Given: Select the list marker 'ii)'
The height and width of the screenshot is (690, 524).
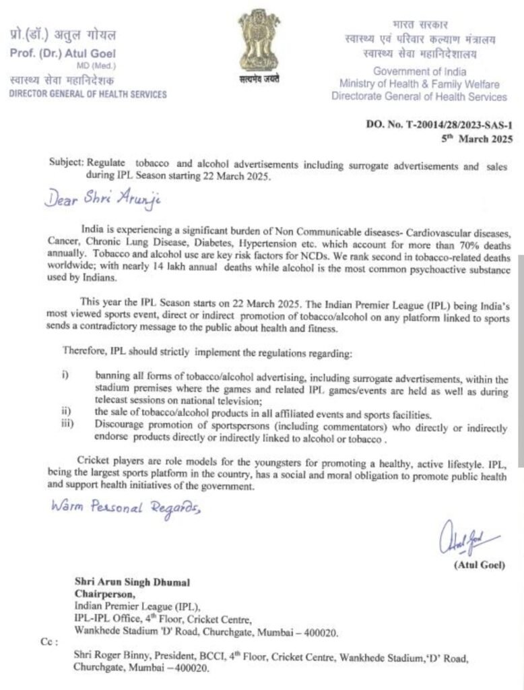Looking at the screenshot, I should [67, 413].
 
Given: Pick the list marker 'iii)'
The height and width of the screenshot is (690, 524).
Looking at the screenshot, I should [68, 424].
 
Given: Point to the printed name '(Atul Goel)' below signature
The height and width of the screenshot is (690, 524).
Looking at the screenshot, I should [480, 565].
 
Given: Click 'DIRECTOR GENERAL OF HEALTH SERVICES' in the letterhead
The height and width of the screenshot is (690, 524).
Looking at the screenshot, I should [88, 94].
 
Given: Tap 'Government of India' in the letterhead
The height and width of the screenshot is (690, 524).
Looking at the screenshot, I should [420, 71].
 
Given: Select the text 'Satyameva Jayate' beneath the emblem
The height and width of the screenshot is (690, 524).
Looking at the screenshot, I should [259, 80].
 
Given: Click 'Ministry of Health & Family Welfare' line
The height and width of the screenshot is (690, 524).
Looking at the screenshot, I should [419, 84].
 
